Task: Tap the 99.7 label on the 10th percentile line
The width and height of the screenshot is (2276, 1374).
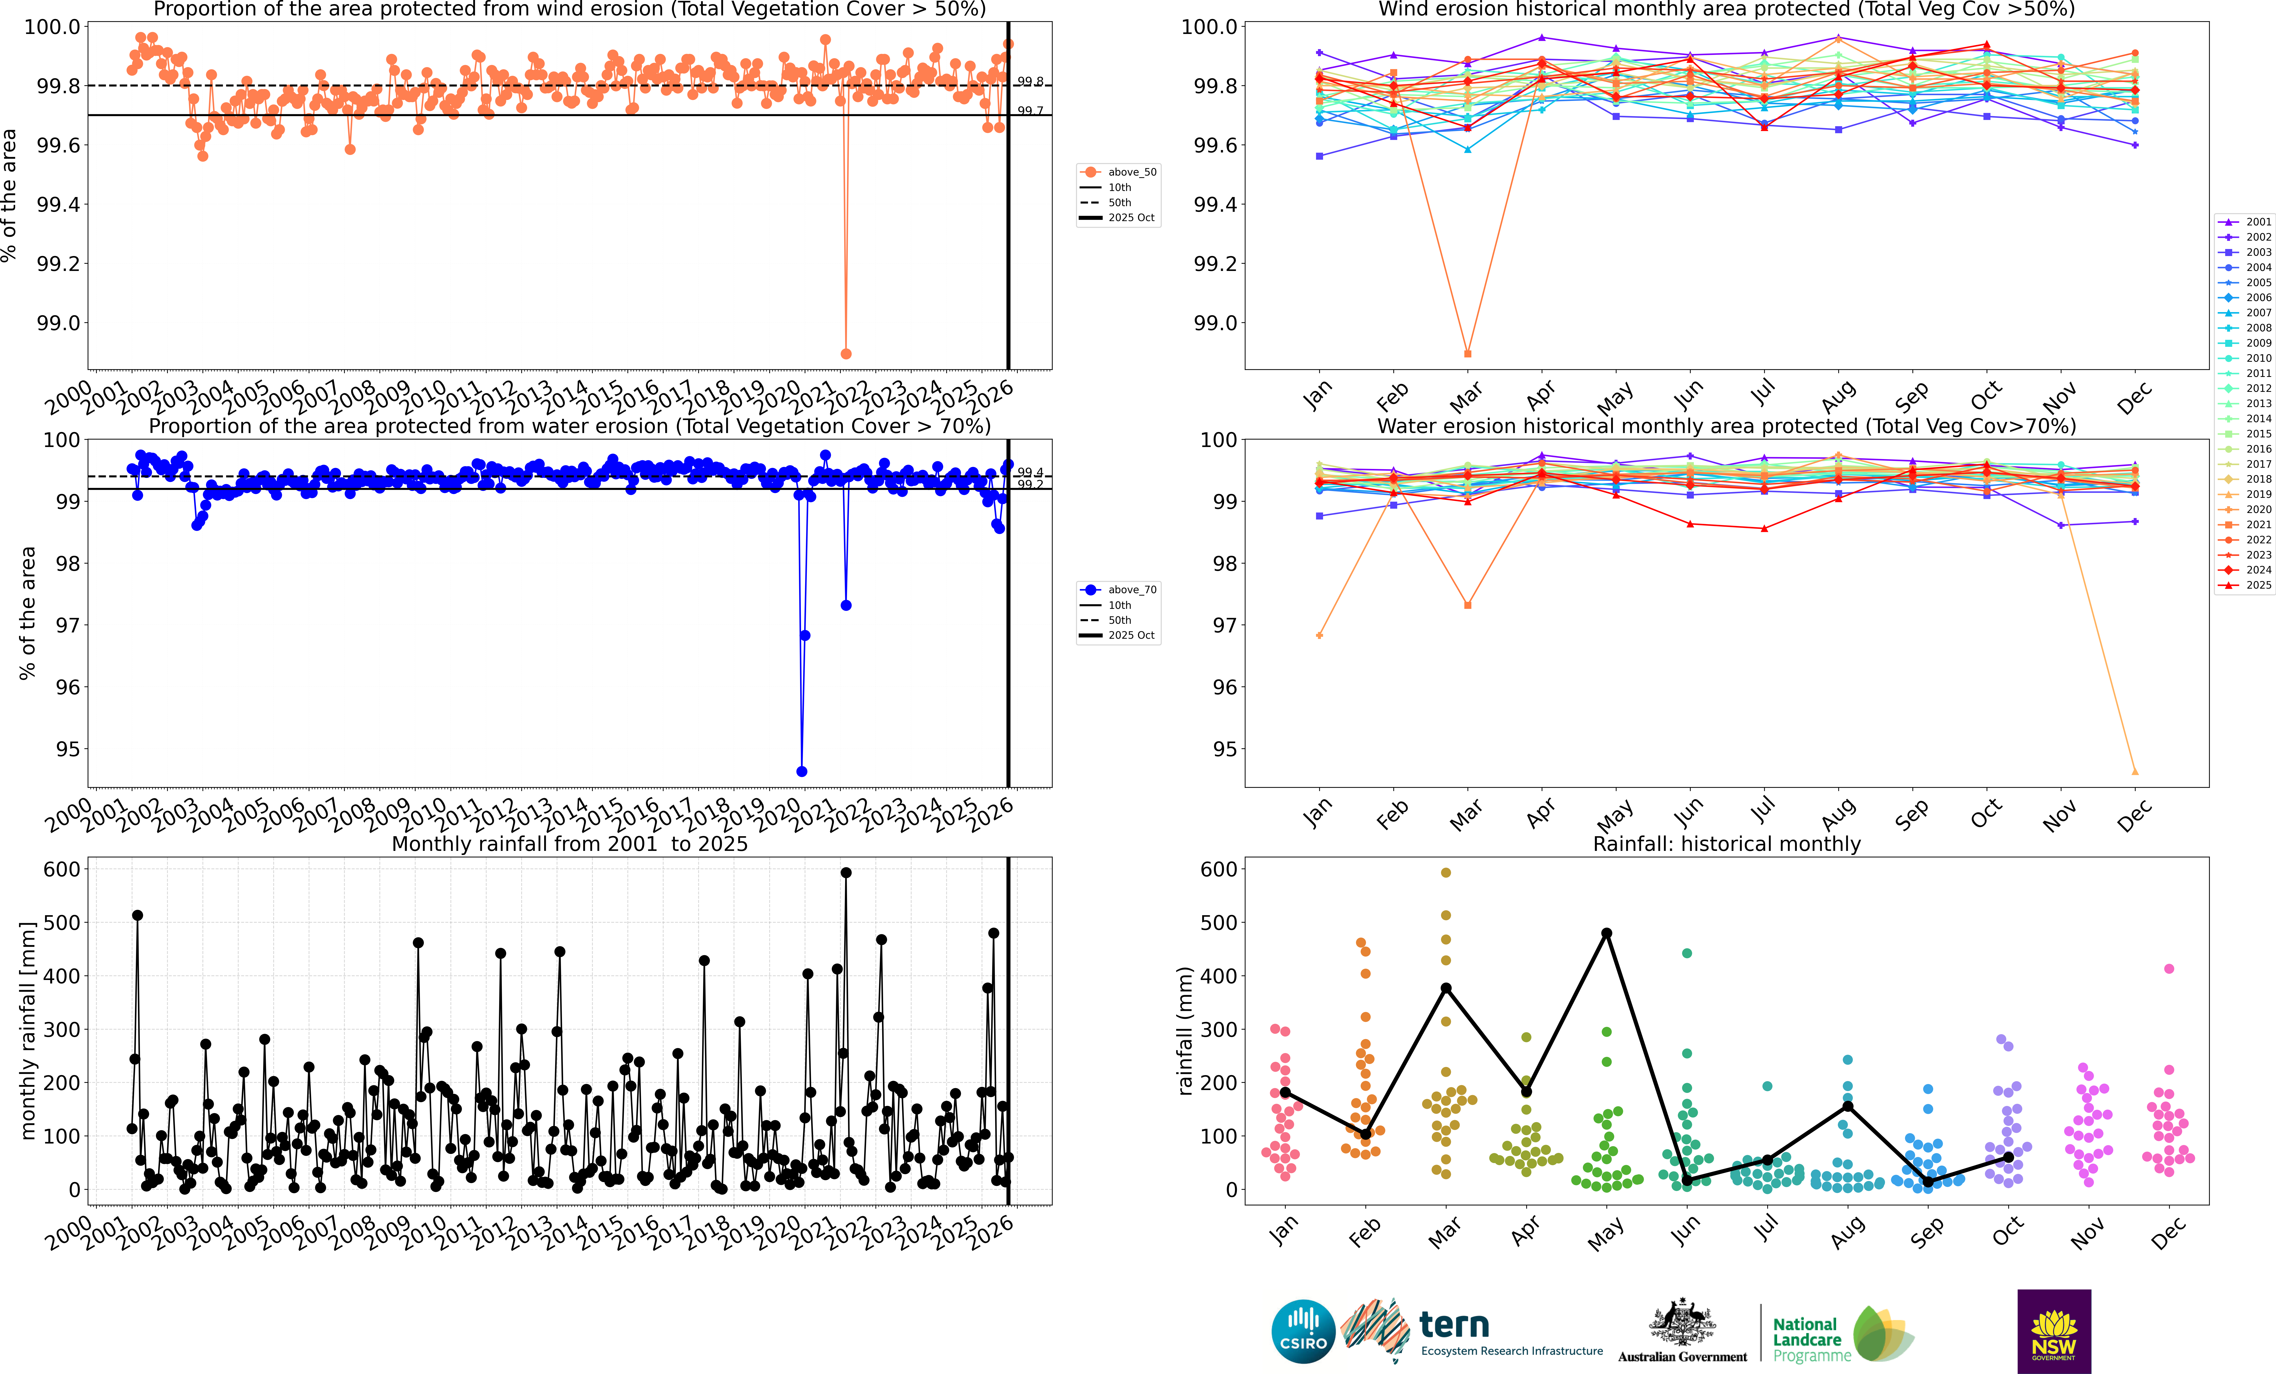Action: coord(1030,111)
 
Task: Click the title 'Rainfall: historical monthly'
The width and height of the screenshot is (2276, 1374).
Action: coord(1726,844)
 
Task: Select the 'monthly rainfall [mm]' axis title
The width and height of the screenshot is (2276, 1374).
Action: coord(28,1030)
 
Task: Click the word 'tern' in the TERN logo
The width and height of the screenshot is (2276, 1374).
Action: coord(1454,1325)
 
